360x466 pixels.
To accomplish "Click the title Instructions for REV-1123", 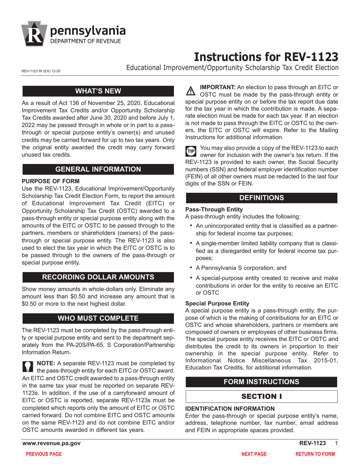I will (266, 56).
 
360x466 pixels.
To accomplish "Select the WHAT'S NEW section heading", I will (99, 91).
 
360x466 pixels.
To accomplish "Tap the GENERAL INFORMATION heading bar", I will (99, 169).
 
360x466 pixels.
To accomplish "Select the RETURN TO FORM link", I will (315, 454).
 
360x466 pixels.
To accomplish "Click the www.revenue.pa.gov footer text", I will (52, 443).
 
